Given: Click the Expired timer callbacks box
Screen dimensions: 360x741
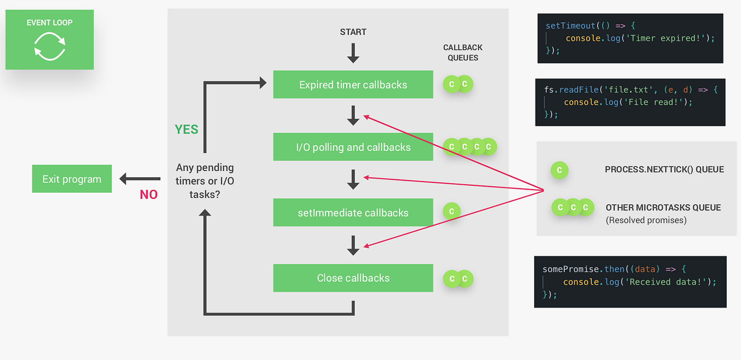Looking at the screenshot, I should coord(353,85).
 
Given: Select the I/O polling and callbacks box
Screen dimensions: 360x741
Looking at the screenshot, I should coord(353,147).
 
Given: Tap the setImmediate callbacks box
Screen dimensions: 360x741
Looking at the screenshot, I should coord(353,213).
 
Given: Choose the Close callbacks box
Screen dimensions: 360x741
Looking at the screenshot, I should coord(353,278).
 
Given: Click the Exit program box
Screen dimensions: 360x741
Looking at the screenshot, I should coord(71,179).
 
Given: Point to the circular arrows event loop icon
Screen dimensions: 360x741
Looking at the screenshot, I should coord(49,46).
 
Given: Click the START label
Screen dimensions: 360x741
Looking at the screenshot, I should coord(353,32).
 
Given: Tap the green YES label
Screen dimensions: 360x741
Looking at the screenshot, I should coord(186,129).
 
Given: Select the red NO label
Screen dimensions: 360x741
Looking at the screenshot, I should coord(149,195).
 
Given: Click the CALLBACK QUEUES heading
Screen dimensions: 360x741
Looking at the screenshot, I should coord(463,52).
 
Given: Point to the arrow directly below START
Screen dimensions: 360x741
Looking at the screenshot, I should coord(353,53).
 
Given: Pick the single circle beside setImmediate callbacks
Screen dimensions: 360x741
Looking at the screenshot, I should coord(451,211).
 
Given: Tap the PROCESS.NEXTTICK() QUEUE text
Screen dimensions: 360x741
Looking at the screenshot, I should coord(664,169).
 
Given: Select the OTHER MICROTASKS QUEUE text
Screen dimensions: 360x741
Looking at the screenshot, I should coord(663,208).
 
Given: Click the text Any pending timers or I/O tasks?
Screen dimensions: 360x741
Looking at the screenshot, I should coord(205,181).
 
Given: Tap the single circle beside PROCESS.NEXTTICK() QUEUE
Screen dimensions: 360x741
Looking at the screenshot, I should coord(559,170).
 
